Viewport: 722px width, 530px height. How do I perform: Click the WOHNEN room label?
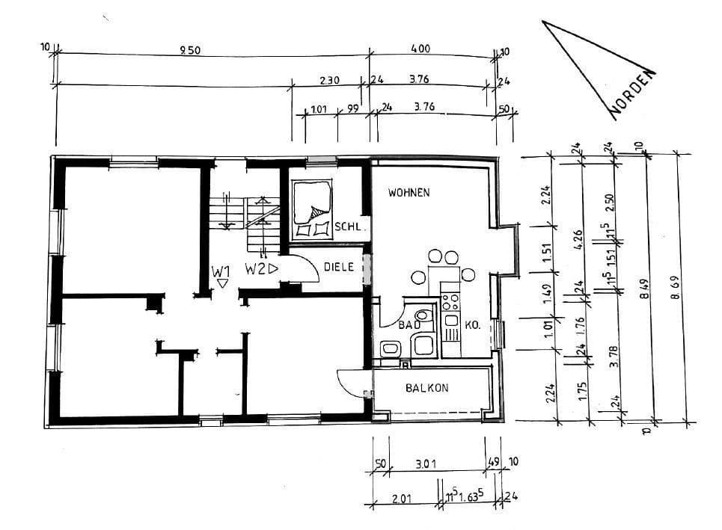409,193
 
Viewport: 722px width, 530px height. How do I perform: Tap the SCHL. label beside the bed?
349,227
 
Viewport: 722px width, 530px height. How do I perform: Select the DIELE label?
339,266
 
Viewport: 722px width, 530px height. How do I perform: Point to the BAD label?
408,325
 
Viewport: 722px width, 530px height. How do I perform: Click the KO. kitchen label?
471,325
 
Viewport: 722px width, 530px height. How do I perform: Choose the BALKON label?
426,388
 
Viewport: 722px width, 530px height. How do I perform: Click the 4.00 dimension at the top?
420,49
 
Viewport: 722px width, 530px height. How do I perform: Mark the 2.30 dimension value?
329,80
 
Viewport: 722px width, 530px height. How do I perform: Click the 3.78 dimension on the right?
614,360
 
